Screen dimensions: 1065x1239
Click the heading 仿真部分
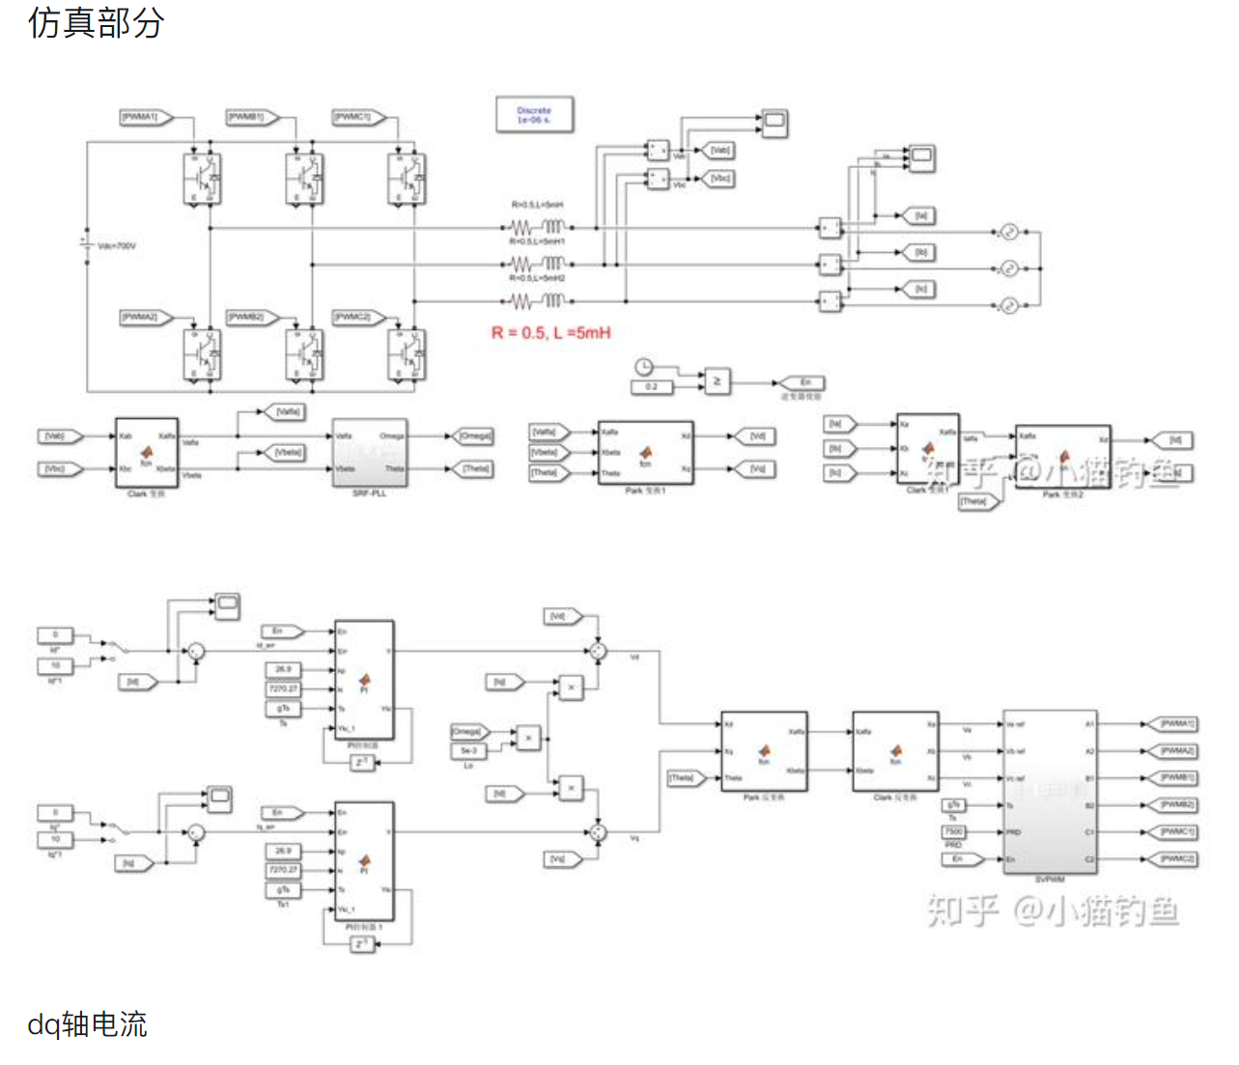tap(96, 22)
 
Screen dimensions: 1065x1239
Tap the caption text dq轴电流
tap(87, 1023)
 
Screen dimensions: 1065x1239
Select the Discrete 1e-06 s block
tap(534, 115)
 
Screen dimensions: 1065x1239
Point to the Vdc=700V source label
tap(117, 246)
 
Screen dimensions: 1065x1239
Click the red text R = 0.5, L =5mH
tap(550, 333)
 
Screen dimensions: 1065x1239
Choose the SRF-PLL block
tap(370, 452)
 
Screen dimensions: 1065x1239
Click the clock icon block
tap(643, 366)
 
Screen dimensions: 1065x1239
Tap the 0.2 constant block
tap(651, 387)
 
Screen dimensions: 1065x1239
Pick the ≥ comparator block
tap(716, 381)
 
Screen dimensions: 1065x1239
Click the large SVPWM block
tap(1050, 791)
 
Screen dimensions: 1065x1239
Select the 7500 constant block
tap(953, 831)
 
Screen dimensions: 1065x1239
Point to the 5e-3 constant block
tap(468, 750)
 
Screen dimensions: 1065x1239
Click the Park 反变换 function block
tap(764, 751)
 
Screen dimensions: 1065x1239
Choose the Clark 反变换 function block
tap(895, 751)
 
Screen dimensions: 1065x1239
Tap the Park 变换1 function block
tap(645, 452)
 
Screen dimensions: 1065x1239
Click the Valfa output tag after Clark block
tap(286, 412)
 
